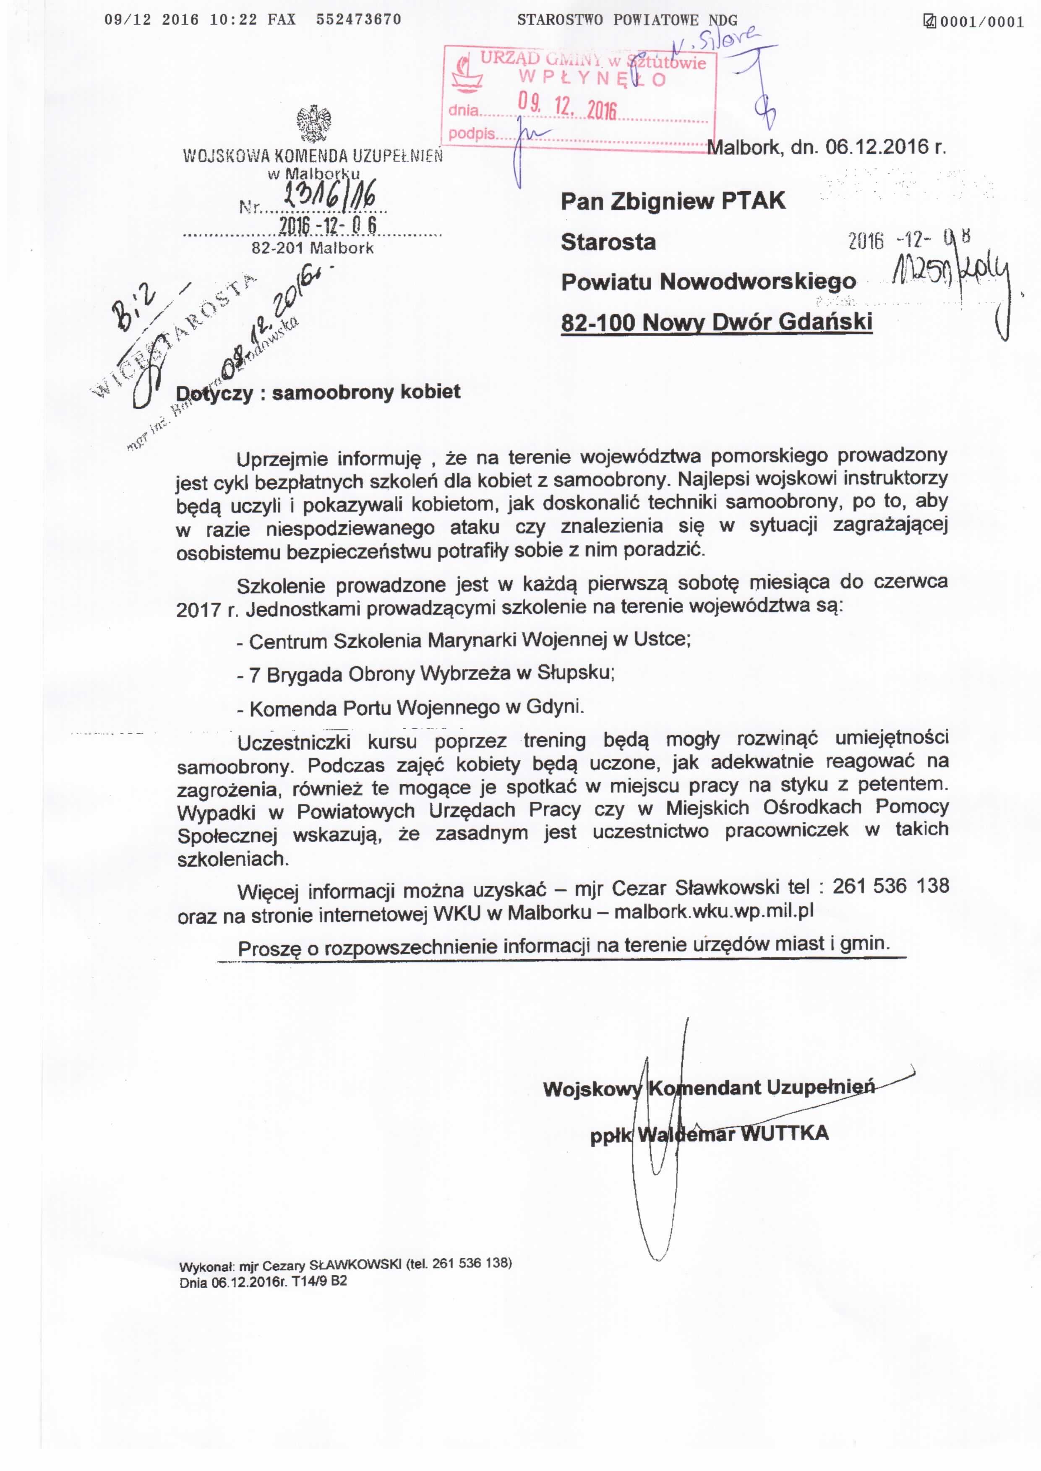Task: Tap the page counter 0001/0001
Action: tap(981, 22)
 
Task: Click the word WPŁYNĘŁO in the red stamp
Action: tap(593, 79)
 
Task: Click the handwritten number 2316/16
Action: tap(328, 193)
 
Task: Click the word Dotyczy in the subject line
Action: tap(215, 393)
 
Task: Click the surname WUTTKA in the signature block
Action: tap(785, 1133)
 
